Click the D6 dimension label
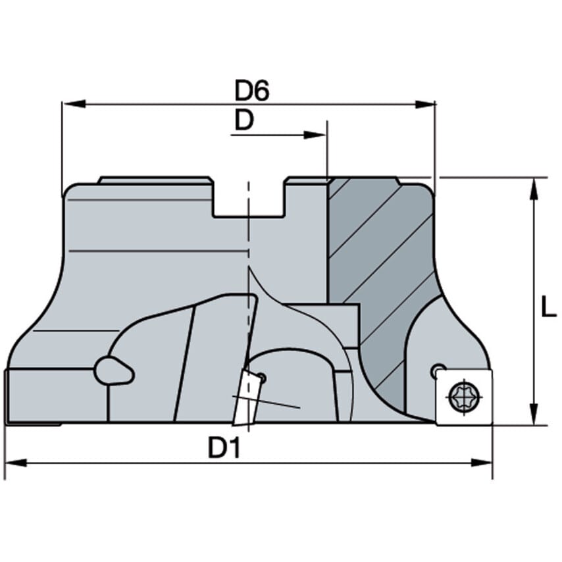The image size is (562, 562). [x=252, y=91]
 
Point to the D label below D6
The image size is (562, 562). [x=244, y=121]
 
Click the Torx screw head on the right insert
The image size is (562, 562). [x=464, y=396]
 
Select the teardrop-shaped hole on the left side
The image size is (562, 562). [x=113, y=370]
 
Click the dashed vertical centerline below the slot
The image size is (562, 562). [x=248, y=237]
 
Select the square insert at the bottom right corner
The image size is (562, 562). [x=464, y=397]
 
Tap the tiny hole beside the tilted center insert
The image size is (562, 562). [x=261, y=378]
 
